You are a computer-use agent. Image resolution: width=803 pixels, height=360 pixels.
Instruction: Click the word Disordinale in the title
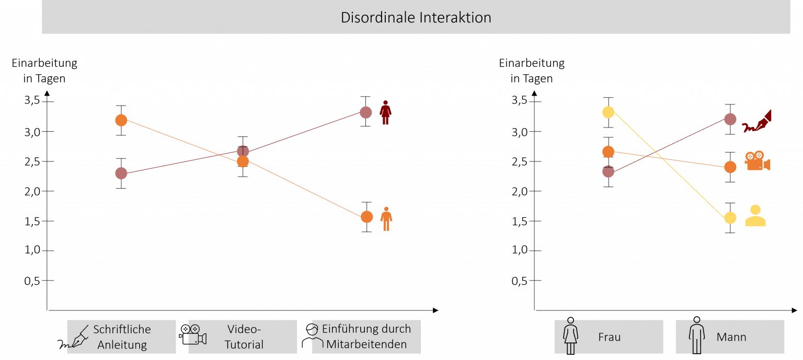pyautogui.click(x=377, y=17)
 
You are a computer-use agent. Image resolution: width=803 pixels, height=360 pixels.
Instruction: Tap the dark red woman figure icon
pyautogui.click(x=385, y=113)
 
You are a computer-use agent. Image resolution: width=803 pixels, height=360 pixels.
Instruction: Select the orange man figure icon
pyautogui.click(x=386, y=218)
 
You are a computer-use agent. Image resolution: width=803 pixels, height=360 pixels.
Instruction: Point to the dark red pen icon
pyautogui.click(x=758, y=122)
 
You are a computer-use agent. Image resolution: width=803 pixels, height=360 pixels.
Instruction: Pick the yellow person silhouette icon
pyautogui.click(x=755, y=216)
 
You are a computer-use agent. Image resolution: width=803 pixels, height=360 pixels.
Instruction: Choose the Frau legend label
pyautogui.click(x=609, y=337)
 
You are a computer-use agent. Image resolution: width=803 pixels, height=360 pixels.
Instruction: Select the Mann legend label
pyautogui.click(x=731, y=337)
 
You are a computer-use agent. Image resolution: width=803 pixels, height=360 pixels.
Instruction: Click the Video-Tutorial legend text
pyautogui.click(x=244, y=337)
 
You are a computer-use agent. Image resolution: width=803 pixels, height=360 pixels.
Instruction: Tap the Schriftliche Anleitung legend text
pyautogui.click(x=122, y=337)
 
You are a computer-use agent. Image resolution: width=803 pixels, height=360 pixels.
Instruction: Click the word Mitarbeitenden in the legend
pyautogui.click(x=366, y=345)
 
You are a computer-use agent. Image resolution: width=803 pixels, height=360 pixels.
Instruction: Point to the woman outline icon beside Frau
pyautogui.click(x=570, y=337)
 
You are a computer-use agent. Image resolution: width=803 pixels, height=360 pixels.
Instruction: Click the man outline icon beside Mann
pyautogui.click(x=696, y=337)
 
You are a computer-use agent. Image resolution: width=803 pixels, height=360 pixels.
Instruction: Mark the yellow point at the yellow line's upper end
pyautogui.click(x=608, y=112)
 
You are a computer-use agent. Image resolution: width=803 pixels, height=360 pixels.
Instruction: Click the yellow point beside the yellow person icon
pyautogui.click(x=730, y=218)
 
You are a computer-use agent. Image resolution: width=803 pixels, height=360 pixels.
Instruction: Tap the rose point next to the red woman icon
pyautogui.click(x=365, y=112)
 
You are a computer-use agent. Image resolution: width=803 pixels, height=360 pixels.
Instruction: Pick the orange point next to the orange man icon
pyautogui.click(x=366, y=216)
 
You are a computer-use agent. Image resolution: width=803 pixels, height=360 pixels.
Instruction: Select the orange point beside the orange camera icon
pyautogui.click(x=730, y=167)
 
